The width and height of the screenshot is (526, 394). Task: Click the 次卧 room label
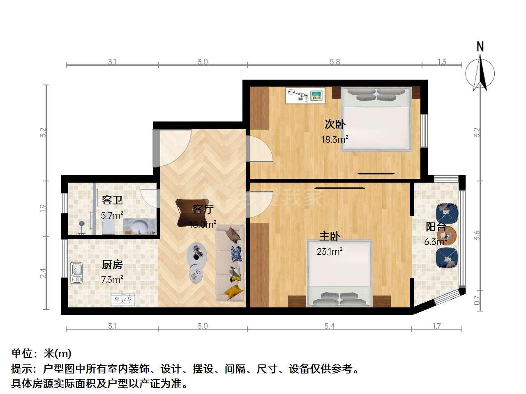point(335,124)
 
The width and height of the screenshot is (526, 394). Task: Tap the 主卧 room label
point(330,236)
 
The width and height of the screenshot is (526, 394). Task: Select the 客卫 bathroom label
point(112,200)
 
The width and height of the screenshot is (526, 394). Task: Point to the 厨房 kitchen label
point(112,265)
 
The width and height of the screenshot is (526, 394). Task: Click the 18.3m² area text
point(335,139)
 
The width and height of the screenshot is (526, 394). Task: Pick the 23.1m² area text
point(330,252)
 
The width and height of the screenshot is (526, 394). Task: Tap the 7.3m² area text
point(112,279)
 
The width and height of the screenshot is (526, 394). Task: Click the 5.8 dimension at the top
point(335,62)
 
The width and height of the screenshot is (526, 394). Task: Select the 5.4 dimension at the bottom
point(330,326)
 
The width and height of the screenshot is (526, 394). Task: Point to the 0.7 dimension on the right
point(477,300)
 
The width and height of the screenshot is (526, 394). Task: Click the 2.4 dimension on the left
point(43,273)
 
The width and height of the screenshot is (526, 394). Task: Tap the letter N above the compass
point(480,46)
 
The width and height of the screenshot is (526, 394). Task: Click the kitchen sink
point(76,273)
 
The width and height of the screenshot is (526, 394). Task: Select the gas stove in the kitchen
point(123,299)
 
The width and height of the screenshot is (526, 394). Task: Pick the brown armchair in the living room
point(191,213)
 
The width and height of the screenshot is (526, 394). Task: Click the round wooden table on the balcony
point(448,236)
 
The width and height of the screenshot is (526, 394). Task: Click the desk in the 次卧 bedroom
point(305,96)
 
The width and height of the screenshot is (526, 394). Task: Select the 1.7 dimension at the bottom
point(436,326)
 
